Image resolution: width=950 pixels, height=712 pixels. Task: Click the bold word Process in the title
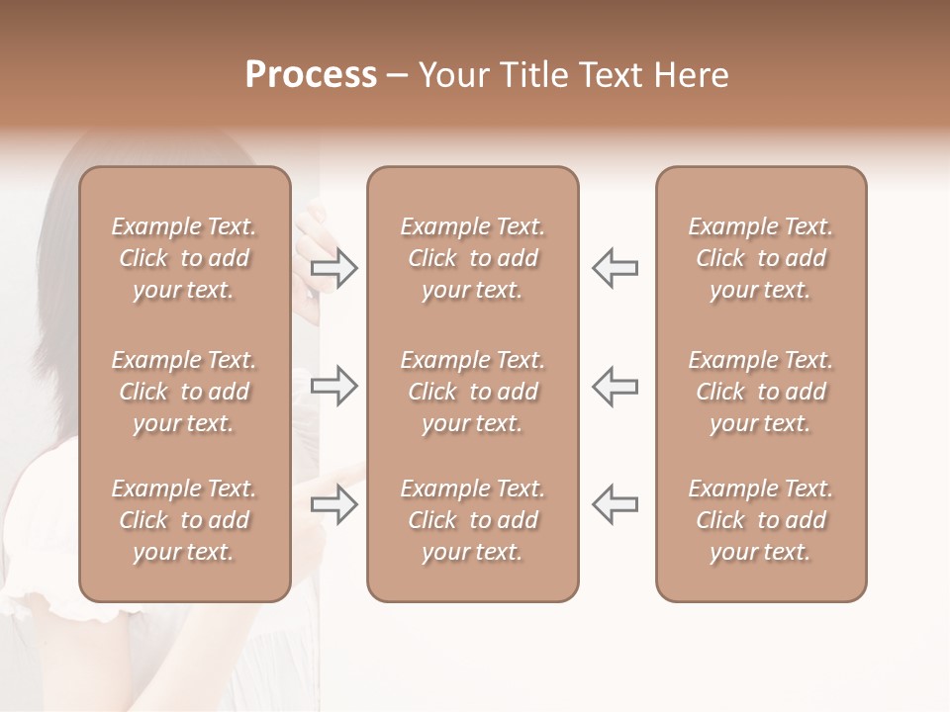coord(311,74)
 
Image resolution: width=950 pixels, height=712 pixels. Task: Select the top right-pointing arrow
coord(334,268)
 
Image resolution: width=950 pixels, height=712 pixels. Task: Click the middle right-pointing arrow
coord(334,386)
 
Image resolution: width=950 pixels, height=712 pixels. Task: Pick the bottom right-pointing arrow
coord(334,505)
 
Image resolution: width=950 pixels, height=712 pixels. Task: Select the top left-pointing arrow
coord(615,268)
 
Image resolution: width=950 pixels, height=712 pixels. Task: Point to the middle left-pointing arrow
coord(615,386)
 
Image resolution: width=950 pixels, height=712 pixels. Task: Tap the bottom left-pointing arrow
coord(615,504)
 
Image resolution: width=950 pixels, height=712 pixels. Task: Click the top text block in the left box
coord(184,258)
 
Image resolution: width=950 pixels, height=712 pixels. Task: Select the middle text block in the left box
coord(184,392)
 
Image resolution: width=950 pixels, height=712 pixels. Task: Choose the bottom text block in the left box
coord(184,520)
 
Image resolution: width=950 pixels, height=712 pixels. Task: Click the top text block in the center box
coord(472,258)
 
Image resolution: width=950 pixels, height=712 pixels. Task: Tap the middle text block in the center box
coord(472,392)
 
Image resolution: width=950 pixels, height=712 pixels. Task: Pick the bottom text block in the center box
coord(472,520)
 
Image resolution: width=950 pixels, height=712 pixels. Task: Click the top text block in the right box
coord(760,258)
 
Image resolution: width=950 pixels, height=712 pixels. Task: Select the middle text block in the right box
coord(760,392)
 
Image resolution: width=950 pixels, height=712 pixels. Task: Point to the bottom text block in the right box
coord(760,520)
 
